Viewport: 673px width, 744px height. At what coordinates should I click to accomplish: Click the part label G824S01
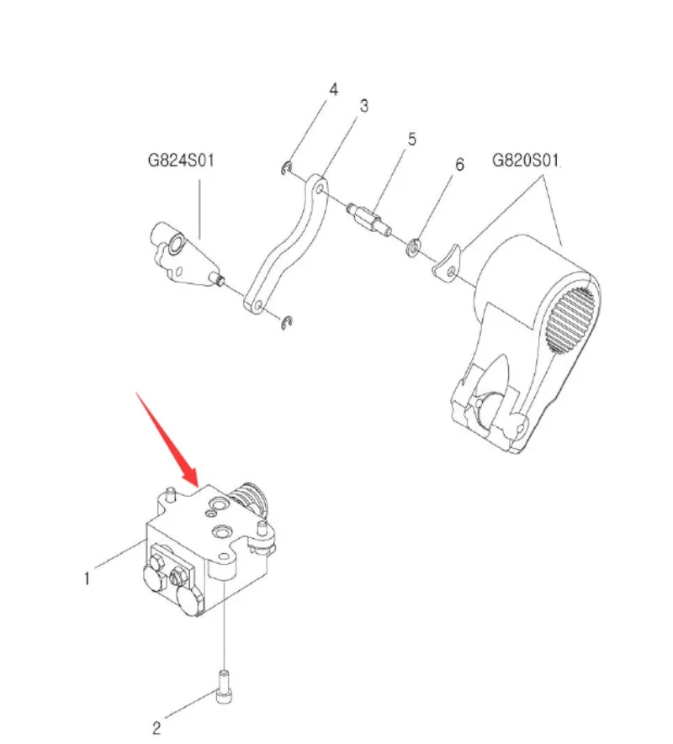[181, 161]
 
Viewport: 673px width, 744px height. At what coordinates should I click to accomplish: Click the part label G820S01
[525, 160]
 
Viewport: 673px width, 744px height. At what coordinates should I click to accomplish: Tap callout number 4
[333, 90]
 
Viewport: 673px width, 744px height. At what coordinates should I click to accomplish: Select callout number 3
[363, 106]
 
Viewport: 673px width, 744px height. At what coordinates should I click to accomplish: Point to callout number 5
[411, 140]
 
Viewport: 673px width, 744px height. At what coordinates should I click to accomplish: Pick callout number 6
[459, 165]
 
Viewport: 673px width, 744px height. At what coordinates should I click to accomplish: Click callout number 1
[87, 578]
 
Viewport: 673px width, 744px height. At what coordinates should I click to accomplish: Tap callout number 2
[156, 728]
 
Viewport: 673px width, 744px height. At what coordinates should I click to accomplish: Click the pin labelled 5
[369, 218]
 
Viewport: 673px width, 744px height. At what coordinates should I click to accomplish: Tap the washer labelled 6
[414, 247]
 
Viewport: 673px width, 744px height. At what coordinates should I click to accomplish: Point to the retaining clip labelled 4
[286, 167]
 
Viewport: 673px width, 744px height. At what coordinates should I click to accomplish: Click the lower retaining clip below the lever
[286, 323]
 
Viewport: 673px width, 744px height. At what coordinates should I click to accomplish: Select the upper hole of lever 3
[320, 189]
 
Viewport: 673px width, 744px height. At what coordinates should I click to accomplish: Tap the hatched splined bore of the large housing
[570, 320]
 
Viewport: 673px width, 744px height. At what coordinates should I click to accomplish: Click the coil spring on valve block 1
[249, 500]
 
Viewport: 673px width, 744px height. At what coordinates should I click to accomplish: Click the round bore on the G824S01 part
[177, 244]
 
